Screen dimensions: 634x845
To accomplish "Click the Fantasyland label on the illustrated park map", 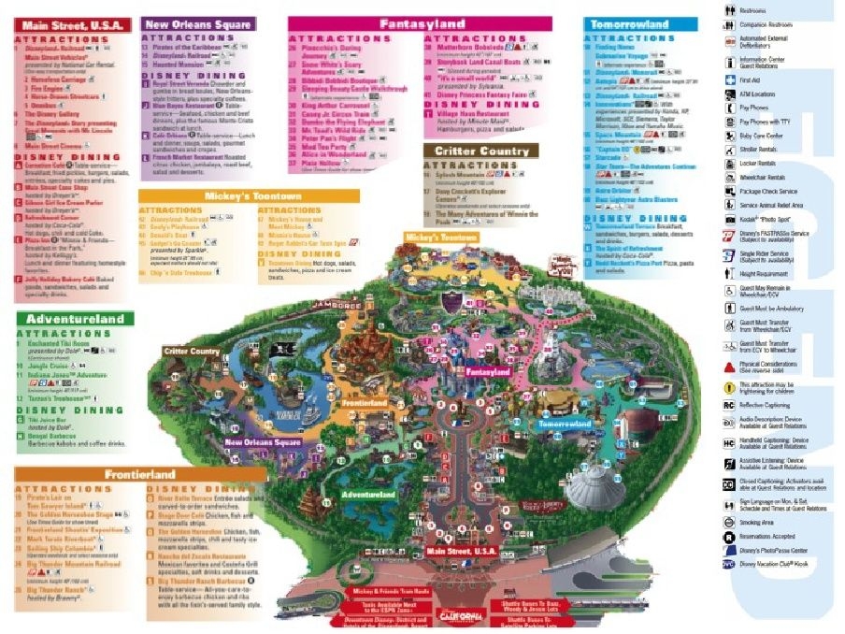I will click(x=488, y=371).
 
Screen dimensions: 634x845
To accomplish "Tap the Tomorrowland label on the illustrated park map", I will click(x=566, y=424).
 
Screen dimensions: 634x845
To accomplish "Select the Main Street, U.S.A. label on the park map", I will click(x=462, y=553).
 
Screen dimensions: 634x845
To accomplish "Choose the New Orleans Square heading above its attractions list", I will click(x=196, y=22).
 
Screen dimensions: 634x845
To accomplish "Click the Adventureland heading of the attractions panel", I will click(x=71, y=319).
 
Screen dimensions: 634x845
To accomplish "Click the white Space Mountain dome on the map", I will click(x=598, y=488).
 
